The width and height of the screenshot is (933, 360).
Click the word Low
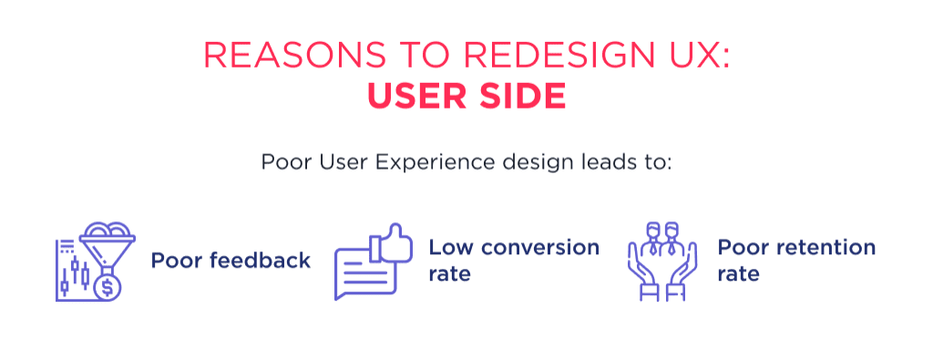click(447, 248)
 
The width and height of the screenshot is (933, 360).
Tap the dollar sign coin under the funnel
click(108, 288)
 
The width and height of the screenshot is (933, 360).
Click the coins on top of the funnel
click(108, 231)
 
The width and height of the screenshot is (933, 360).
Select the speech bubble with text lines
click(361, 274)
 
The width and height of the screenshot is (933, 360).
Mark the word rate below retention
click(738, 273)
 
